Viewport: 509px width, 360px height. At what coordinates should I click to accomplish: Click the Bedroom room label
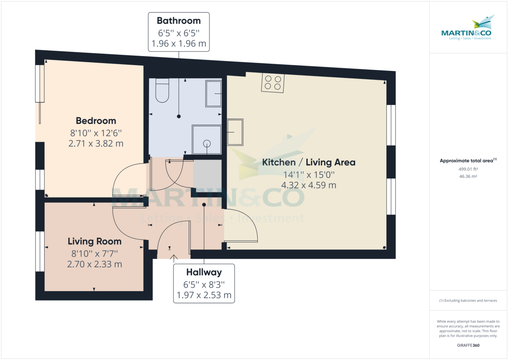96,121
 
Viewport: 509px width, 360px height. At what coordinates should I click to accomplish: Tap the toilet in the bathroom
162,90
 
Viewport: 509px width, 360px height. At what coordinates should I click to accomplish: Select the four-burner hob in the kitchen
273,83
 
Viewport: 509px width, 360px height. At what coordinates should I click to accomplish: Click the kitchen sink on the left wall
235,132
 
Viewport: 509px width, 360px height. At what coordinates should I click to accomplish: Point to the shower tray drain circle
207,144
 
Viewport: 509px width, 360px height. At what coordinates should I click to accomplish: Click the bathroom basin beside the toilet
214,93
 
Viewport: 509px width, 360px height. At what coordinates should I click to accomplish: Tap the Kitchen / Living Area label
309,162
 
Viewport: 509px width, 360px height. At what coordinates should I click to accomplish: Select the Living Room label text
95,241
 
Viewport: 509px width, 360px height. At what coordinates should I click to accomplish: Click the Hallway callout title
204,272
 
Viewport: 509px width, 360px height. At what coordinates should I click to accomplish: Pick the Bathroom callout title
179,21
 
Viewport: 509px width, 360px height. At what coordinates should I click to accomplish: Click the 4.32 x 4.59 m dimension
309,185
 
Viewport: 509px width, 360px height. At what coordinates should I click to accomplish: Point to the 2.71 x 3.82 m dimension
96,144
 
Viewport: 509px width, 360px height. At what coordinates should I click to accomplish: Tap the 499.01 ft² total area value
468,169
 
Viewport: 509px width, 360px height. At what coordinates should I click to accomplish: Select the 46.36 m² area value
468,176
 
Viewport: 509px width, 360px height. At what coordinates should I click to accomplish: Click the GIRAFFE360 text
468,345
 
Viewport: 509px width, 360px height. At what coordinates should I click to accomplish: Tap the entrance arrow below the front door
174,259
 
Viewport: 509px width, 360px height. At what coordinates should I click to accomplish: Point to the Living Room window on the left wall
40,251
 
